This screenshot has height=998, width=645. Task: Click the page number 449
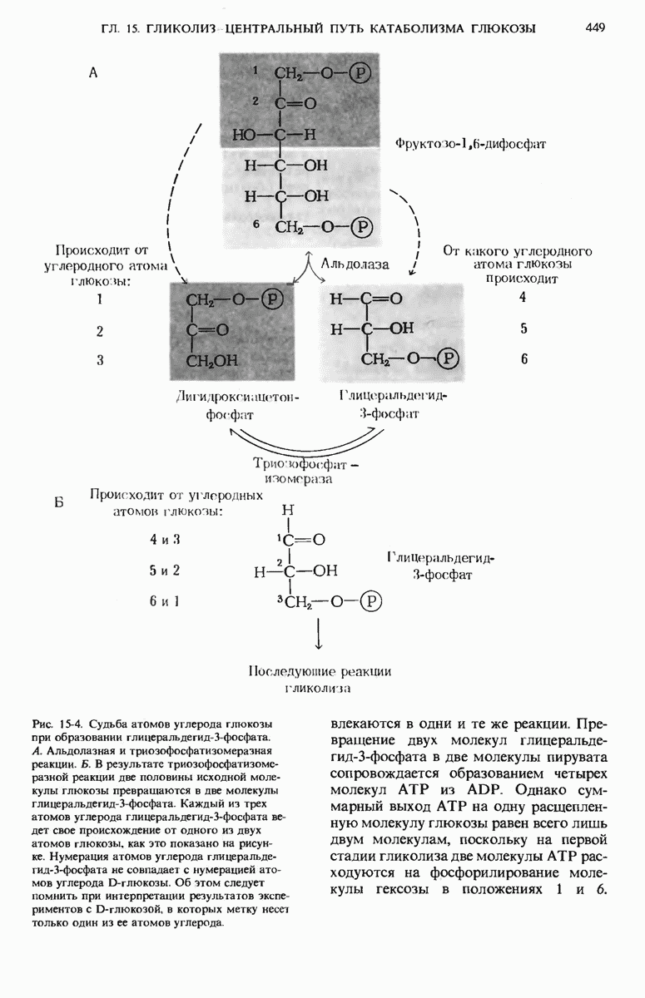pos(595,28)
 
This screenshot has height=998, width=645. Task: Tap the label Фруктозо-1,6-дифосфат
pos(470,143)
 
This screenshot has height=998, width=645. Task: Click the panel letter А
pos(93,73)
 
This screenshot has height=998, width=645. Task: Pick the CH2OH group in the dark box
pos(212,360)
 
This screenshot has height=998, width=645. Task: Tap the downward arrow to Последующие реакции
pos(320,636)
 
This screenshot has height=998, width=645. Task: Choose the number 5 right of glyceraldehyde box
pos(523,328)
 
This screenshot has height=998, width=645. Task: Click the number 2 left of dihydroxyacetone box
pos(100,330)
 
